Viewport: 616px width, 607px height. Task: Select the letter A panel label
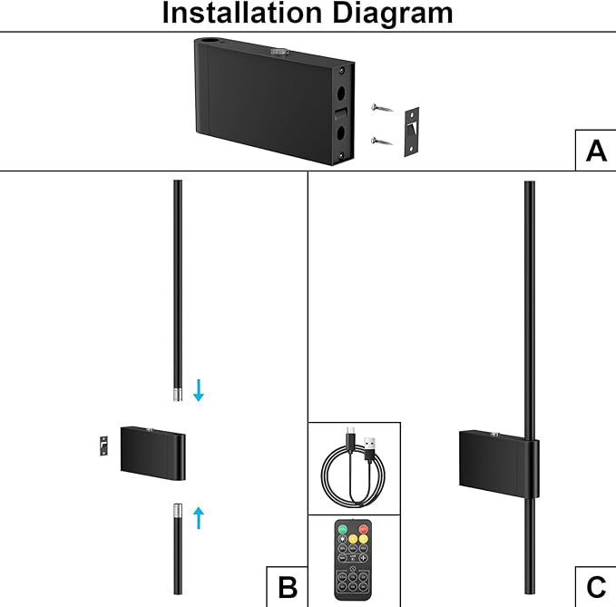tap(596, 150)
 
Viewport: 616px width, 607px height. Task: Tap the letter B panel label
tap(287, 587)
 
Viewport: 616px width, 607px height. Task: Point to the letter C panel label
tap(596, 587)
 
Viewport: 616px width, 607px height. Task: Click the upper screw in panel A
tap(382, 109)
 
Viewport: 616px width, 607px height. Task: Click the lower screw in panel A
tap(382, 141)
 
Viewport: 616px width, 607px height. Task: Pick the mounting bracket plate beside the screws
tap(414, 132)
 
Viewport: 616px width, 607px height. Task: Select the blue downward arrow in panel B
tap(199, 390)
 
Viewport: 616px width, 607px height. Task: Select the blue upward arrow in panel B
tap(199, 518)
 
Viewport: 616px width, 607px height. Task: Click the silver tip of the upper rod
tap(178, 394)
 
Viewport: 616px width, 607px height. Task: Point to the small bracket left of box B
tap(104, 445)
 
